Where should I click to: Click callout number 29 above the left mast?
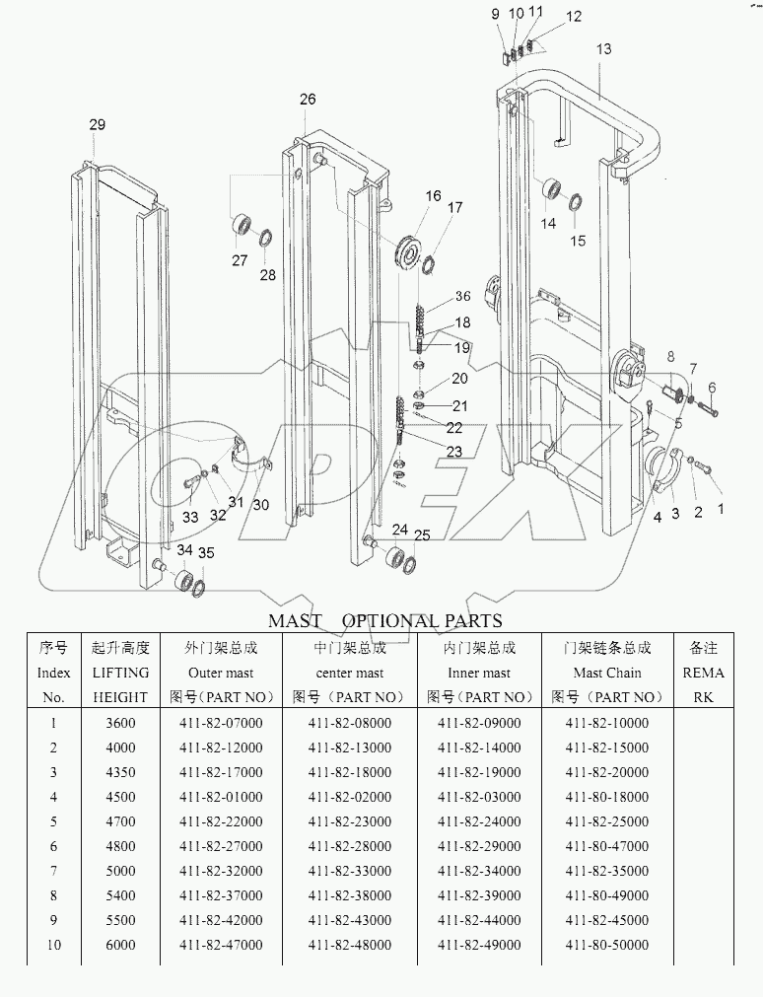coord(97,124)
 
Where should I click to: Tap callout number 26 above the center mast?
coord(308,100)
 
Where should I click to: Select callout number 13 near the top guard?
coord(603,49)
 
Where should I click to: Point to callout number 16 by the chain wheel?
coord(434,197)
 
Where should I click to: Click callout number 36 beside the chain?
coord(462,297)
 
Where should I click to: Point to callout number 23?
coord(452,452)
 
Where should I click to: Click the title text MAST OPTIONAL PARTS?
coord(385,620)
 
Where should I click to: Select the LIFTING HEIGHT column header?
coord(119,673)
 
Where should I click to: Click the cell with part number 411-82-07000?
coord(222,723)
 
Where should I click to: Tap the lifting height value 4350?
coord(120,772)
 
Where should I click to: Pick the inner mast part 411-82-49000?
coord(479,945)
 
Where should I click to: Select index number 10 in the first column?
coord(53,945)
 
